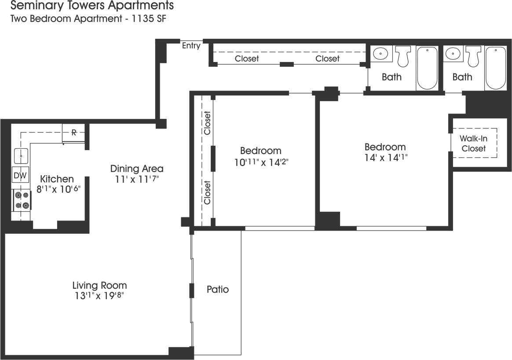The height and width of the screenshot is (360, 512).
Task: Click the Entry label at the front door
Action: [x=191, y=45]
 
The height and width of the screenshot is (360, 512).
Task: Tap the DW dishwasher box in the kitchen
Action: [x=20, y=176]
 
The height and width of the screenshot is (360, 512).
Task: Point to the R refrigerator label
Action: [x=74, y=132]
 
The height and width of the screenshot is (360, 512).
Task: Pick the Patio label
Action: [x=218, y=290]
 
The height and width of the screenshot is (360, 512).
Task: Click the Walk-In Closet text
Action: [x=474, y=143]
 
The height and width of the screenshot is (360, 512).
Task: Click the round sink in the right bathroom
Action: [x=452, y=54]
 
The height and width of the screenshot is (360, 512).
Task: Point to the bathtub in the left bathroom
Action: [x=427, y=68]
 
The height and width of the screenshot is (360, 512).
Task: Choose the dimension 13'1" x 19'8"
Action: [x=99, y=296]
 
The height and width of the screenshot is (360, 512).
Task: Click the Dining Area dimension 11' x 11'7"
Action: [x=137, y=179]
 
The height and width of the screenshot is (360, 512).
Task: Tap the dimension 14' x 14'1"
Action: [x=385, y=158]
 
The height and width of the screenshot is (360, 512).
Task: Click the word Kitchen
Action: [x=57, y=179]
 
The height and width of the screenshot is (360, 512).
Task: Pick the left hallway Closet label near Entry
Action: [x=247, y=59]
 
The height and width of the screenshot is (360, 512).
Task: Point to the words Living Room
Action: [x=99, y=285]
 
